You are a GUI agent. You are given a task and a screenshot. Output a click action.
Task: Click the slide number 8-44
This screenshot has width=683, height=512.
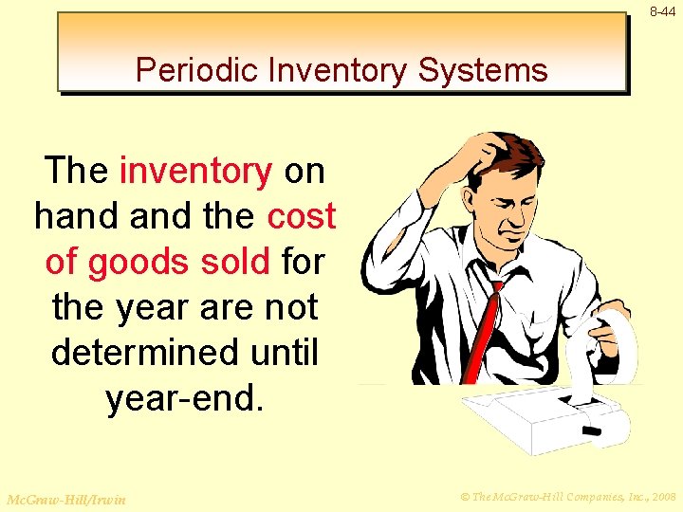pos(663,11)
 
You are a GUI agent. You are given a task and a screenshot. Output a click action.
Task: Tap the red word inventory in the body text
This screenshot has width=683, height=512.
pos(196,172)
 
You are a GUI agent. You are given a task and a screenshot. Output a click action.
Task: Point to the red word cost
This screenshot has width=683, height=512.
pos(302,217)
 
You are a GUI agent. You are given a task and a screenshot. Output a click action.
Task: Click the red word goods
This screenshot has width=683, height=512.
pos(143,263)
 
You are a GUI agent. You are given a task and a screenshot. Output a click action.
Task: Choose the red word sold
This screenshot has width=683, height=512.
pos(238,262)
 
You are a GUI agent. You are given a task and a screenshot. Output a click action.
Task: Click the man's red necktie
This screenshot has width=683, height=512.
pos(483,322)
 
